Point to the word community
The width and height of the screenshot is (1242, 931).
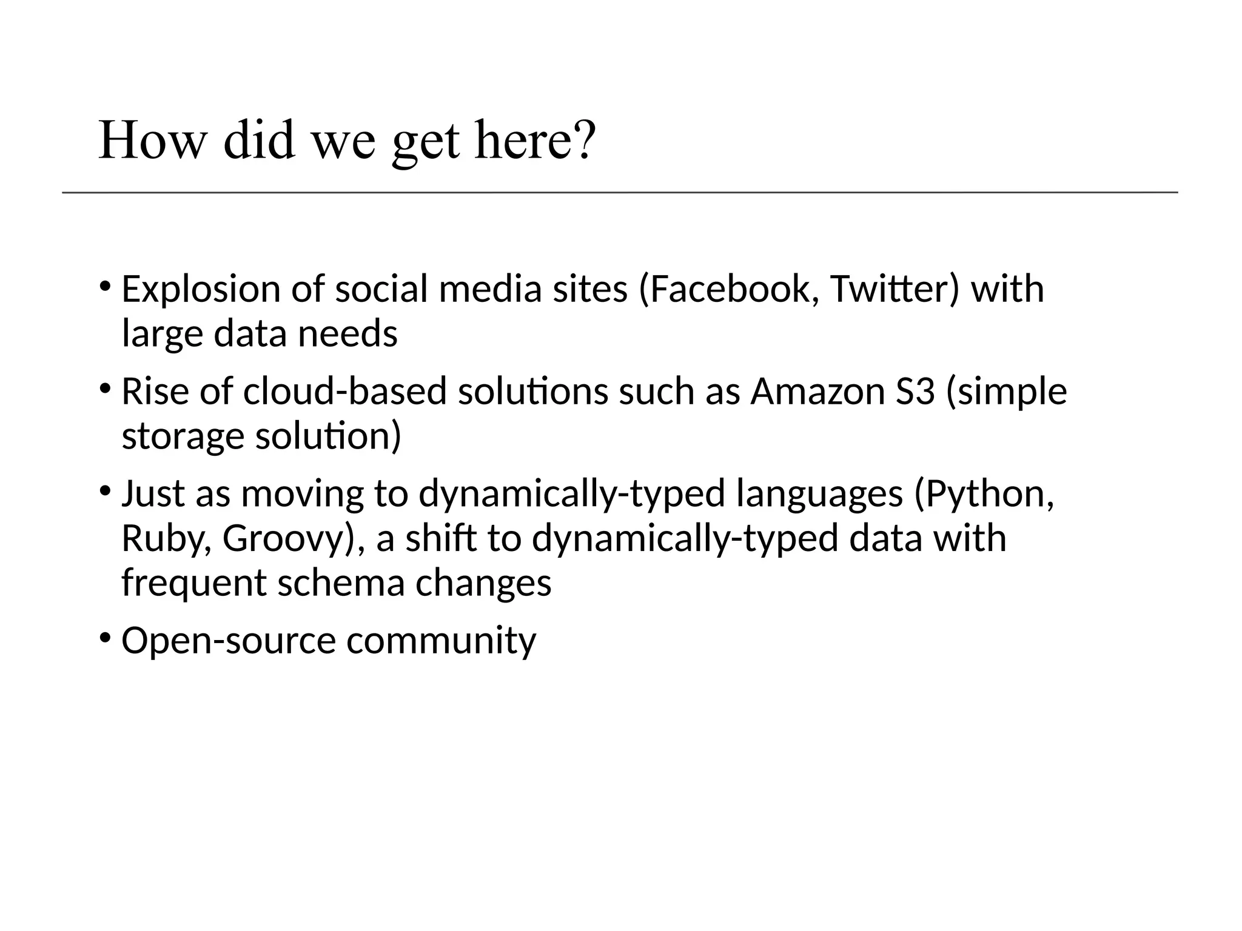point(441,641)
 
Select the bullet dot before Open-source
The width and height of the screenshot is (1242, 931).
point(105,638)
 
